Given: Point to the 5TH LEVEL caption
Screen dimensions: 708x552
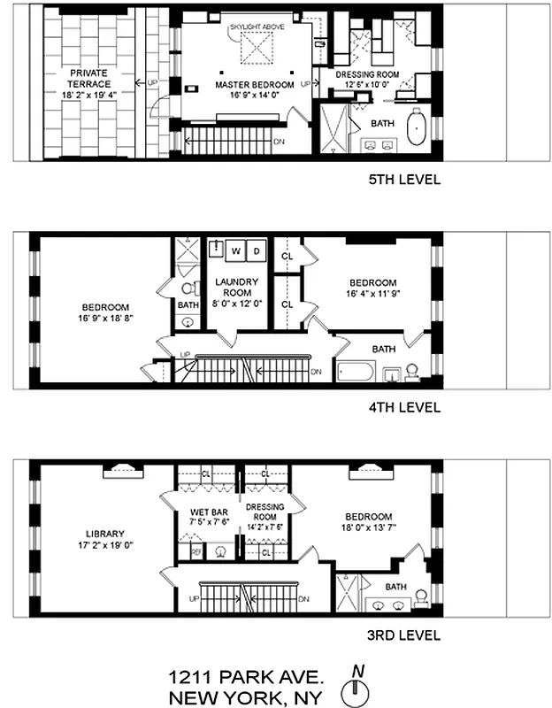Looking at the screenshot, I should pos(404,180).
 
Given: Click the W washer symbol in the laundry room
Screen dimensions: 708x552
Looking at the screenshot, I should pos(235,251).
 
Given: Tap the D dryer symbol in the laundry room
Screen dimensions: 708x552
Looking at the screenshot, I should pos(257,251).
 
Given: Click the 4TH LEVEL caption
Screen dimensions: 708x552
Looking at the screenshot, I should pos(404,408).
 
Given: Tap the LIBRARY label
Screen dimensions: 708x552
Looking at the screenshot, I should pos(104,534).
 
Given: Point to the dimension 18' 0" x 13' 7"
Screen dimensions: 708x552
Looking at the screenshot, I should pos(369,528).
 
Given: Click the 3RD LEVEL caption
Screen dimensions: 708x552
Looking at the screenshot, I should pos(404,635).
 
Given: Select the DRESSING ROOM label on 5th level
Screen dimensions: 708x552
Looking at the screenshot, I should pos(370,76).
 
